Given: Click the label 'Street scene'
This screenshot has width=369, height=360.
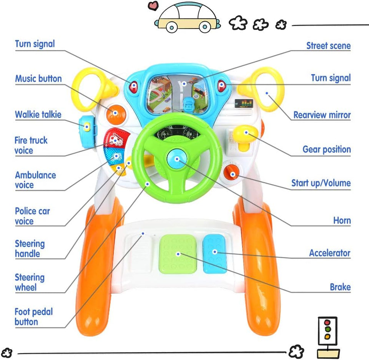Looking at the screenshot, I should pyautogui.click(x=328, y=46).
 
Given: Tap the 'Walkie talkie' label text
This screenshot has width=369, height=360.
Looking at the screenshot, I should pyautogui.click(x=38, y=114).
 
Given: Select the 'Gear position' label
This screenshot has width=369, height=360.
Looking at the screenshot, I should pyautogui.click(x=326, y=149).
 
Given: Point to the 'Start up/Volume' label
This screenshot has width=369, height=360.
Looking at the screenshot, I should pyautogui.click(x=321, y=183).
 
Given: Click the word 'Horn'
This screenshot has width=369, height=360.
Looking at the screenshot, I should pyautogui.click(x=342, y=221).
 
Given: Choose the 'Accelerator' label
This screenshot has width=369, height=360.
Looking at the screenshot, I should pyautogui.click(x=329, y=253).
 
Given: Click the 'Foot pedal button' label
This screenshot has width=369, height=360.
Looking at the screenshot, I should pyautogui.click(x=33, y=317).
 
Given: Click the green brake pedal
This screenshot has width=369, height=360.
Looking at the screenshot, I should pyautogui.click(x=177, y=253).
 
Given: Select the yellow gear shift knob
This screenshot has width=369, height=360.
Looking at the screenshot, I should pyautogui.click(x=245, y=134).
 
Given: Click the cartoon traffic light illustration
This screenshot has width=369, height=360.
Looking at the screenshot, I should pyautogui.click(x=327, y=334).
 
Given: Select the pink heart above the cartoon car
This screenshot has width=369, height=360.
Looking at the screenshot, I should pyautogui.click(x=153, y=6).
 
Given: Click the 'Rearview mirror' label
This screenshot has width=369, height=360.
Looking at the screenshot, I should pyautogui.click(x=322, y=115).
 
